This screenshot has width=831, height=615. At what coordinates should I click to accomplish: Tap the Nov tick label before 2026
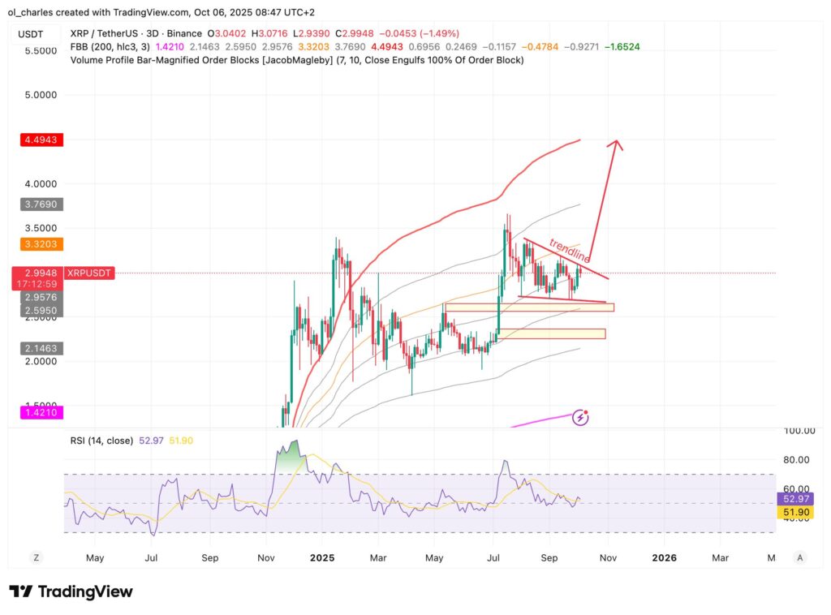(x=608, y=558)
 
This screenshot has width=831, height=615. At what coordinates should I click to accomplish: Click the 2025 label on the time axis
(x=322, y=558)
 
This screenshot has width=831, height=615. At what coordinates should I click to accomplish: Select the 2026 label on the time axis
(x=665, y=558)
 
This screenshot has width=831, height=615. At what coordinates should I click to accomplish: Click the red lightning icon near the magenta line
(x=581, y=418)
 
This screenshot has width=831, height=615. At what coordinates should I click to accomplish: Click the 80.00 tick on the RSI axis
(x=795, y=459)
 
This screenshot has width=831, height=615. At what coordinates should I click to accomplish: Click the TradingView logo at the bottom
(x=71, y=591)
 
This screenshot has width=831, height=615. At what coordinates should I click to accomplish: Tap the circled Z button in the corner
(x=36, y=557)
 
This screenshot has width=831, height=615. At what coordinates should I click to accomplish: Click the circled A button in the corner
(x=800, y=557)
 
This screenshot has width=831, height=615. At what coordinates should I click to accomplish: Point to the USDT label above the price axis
(x=31, y=33)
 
